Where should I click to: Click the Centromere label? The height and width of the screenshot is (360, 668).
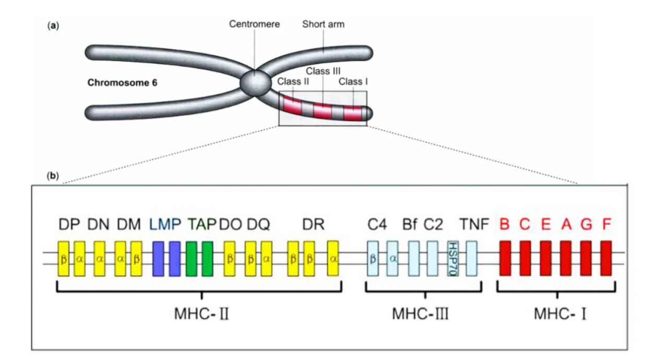coord(255,25)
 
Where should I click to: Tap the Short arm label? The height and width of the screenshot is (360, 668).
coord(323,25)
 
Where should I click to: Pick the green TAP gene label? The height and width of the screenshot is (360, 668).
coord(201,225)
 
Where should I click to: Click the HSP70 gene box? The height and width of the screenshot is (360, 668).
coord(452,258)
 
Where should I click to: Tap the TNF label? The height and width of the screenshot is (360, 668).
coord(474,225)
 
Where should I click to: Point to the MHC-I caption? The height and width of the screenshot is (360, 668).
coord(557,315)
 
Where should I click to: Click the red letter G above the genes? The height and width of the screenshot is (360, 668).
coord(586,225)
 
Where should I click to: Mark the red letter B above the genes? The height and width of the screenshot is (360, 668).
coord(505,225)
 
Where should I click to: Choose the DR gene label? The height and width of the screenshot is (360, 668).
coord(313,225)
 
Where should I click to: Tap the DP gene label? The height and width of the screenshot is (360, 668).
coord(66,225)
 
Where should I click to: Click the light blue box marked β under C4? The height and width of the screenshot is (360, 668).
coord(373,258)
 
